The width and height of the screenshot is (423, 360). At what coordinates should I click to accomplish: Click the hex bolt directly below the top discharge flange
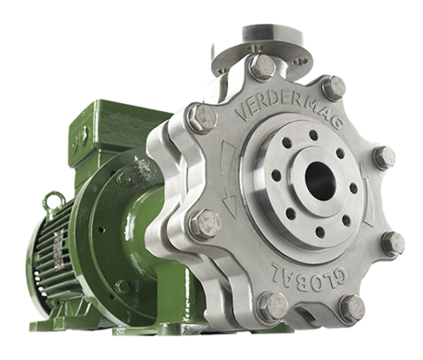point(262,66)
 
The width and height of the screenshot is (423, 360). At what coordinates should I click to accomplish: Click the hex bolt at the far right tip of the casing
point(385,158)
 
